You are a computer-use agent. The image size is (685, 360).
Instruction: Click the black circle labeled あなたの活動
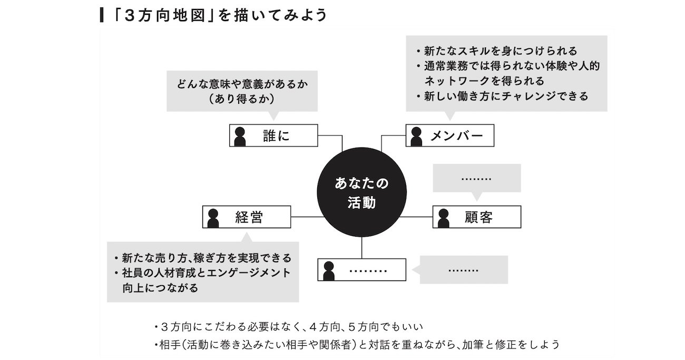[362, 193]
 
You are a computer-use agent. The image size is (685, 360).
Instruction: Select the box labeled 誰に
[273, 135]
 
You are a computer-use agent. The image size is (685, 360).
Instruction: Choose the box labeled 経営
[247, 217]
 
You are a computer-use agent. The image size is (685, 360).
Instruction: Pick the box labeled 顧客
[477, 217]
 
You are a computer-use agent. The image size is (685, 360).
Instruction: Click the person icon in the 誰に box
[240, 136]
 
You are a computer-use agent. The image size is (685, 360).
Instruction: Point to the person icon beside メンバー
[416, 136]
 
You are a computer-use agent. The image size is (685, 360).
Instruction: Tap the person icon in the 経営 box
[212, 217]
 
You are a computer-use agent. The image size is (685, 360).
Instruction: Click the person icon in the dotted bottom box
[328, 270]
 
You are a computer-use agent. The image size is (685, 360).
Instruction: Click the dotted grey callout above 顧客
[476, 178]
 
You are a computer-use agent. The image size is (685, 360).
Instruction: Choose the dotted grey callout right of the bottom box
[463, 270]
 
